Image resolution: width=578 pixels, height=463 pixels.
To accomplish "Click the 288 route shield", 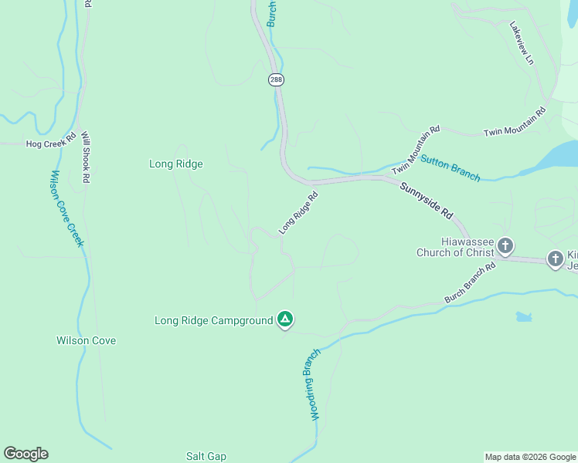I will tap(276, 79).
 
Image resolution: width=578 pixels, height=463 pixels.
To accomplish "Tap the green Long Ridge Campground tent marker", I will tap(285, 319).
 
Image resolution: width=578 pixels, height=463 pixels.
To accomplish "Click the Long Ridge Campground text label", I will tap(214, 320).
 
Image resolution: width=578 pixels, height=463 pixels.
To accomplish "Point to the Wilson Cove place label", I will tap(86, 340).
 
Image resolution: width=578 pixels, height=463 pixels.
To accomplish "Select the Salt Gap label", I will tap(206, 456).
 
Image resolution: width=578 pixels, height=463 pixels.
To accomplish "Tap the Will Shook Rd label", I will tap(86, 157).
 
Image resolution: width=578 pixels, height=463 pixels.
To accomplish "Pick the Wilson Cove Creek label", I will tap(66, 208).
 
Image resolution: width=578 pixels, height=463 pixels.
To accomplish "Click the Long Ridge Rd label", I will tap(299, 213).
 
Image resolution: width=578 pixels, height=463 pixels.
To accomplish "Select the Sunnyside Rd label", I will tap(426, 200).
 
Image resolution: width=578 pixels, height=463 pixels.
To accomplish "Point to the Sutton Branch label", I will tap(450, 168).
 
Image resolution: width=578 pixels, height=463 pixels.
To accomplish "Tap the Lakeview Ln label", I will tap(522, 42).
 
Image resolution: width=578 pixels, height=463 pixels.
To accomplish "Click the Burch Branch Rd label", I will tap(470, 284).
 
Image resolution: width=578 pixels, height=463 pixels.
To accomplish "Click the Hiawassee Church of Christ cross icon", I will tap(505, 246).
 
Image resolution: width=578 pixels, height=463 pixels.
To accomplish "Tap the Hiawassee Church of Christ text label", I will tap(454, 246).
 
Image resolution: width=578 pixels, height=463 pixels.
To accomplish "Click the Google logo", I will tap(25, 454).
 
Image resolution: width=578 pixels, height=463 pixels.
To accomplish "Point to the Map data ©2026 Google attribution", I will tap(529, 457).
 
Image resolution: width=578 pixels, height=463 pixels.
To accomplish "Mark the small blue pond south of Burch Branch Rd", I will tap(524, 317).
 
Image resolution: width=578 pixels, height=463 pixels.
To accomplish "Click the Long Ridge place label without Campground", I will tap(175, 164).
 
